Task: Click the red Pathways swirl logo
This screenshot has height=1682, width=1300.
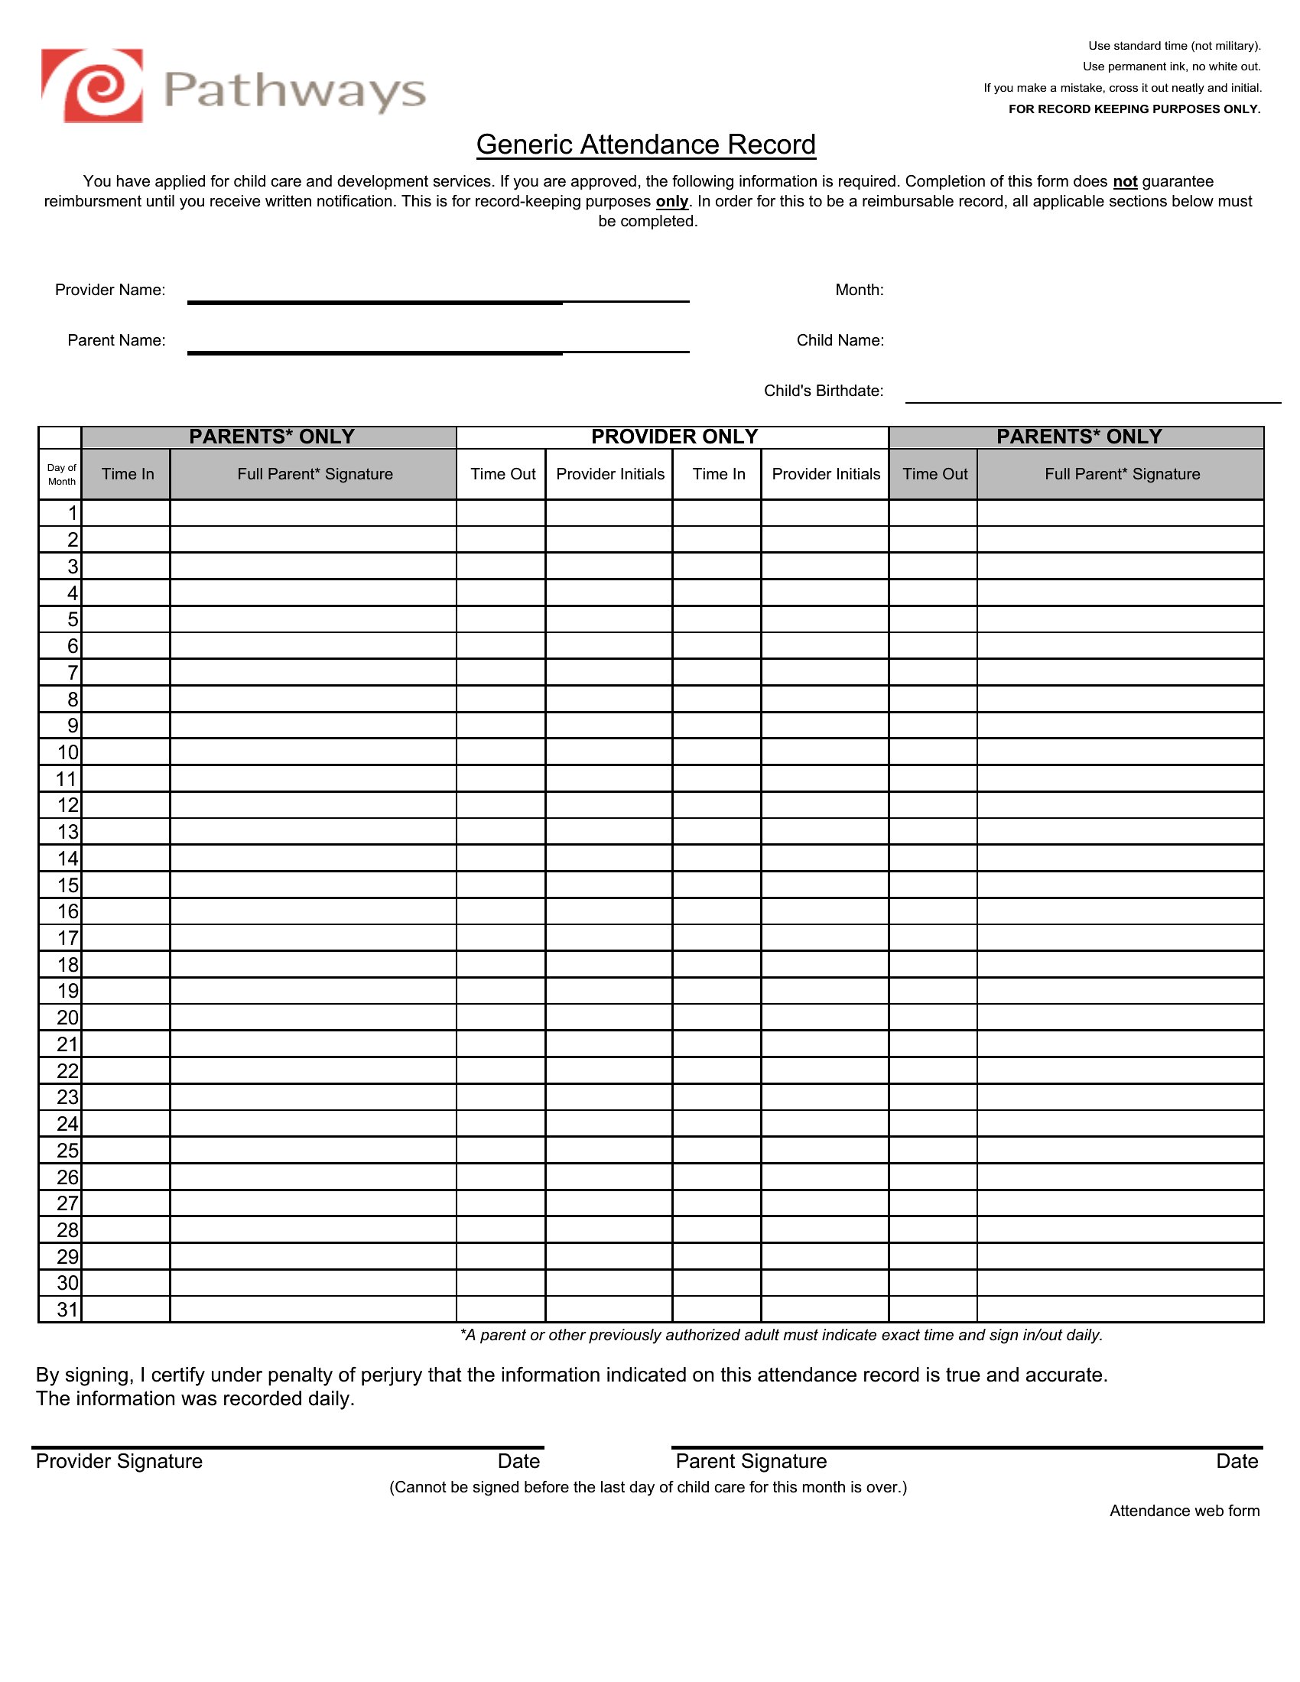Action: point(93,86)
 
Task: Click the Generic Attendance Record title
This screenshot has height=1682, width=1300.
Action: point(645,144)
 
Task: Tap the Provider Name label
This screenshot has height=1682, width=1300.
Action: point(110,291)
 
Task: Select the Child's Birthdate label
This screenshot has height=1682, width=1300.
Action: point(824,391)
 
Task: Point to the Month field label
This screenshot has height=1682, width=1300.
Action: point(860,291)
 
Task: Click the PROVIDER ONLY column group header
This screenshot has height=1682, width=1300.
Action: point(674,437)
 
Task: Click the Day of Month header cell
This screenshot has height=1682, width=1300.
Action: point(61,475)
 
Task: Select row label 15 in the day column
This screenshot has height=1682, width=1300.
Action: point(68,885)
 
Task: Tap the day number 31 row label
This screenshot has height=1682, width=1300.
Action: point(68,1309)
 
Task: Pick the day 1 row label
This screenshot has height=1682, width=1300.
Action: point(73,513)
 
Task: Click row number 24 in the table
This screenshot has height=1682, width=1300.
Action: point(68,1125)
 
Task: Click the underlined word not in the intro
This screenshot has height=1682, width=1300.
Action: point(1124,182)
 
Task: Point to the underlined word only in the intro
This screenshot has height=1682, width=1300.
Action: point(671,202)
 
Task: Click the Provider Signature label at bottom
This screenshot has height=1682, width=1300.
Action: point(119,1462)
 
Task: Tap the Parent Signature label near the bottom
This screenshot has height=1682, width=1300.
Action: point(751,1462)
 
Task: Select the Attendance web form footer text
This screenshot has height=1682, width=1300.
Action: point(1184,1511)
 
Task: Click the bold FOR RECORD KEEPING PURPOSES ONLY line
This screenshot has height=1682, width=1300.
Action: point(1133,109)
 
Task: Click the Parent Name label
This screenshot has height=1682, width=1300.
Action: point(116,340)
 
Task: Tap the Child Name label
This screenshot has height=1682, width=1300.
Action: point(840,340)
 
